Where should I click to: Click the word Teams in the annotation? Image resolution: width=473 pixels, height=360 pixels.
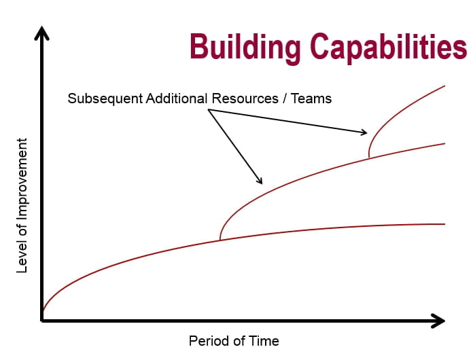[311, 98]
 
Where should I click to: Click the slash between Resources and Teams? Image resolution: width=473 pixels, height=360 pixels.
[283, 98]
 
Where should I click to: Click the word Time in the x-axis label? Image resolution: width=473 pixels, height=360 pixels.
[265, 340]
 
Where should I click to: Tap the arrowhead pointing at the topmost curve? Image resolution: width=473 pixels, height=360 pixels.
[364, 132]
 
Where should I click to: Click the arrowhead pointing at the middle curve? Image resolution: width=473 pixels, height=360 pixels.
[260, 181]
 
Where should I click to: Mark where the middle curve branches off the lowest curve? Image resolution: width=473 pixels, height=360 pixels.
[220, 240]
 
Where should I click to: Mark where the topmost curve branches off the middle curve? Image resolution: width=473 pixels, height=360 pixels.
[369, 158]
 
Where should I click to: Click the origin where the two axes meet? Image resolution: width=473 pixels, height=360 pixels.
[43, 320]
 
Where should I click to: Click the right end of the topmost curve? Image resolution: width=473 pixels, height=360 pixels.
[444, 86]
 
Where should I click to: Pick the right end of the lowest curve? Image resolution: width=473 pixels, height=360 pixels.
[444, 224]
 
